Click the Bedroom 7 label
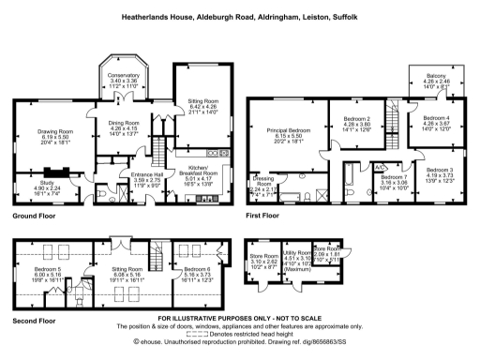[x=395, y=175]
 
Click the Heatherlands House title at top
[x=240, y=17]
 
